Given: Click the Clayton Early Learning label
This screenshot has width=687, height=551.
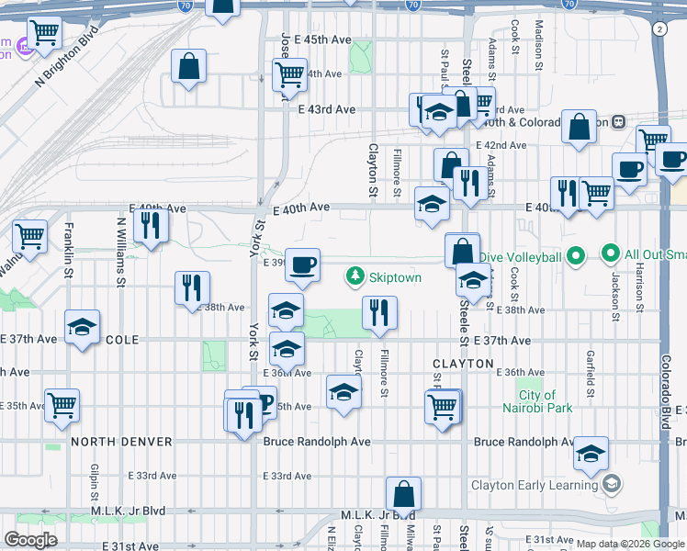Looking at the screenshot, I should pos(534,486).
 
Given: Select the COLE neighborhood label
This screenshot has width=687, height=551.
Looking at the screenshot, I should pos(122,340).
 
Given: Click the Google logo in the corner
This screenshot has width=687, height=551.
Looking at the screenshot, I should pos(30,540).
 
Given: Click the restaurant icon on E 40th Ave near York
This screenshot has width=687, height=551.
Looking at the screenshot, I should pos(150,225).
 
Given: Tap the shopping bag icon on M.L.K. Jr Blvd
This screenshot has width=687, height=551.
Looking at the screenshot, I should pos(403,494).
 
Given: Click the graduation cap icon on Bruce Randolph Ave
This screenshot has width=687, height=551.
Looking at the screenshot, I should pos(591,453).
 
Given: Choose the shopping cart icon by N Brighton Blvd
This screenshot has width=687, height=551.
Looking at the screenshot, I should pos(44,34).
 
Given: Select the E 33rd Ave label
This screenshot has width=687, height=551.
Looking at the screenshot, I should pos(287,476).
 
